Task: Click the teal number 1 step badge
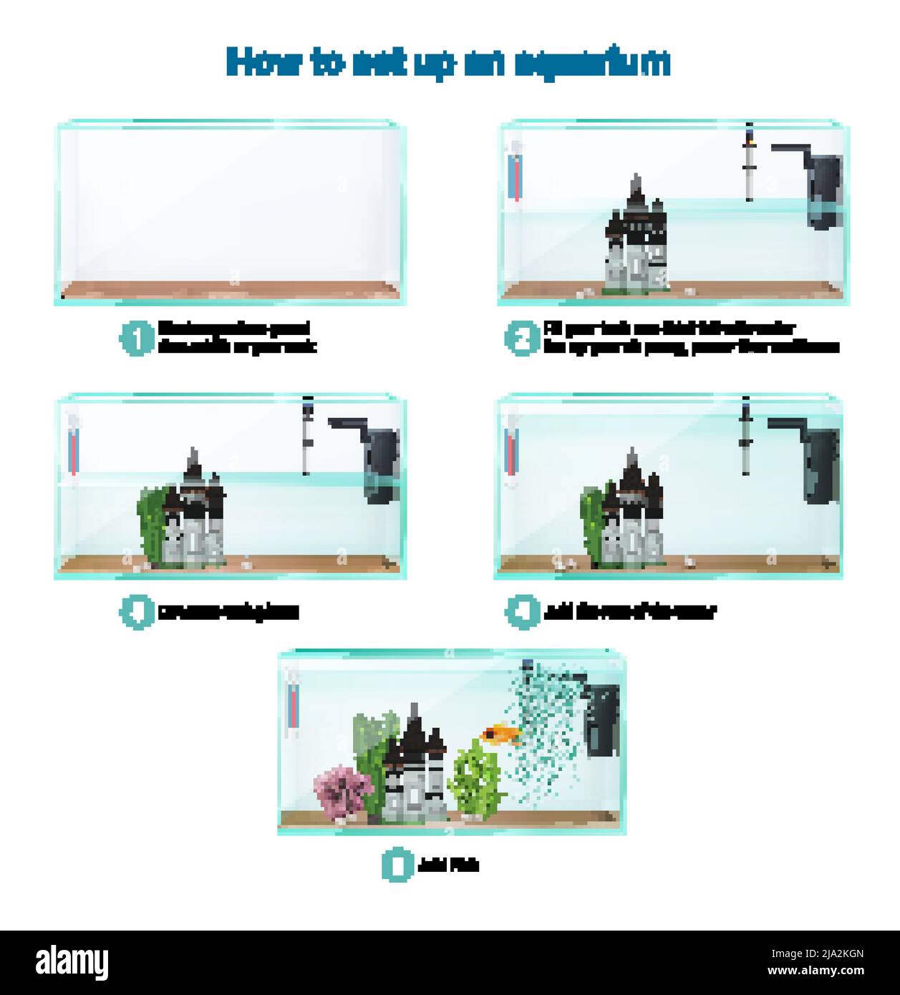136,338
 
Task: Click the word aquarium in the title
591,63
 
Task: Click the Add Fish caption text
447,865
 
